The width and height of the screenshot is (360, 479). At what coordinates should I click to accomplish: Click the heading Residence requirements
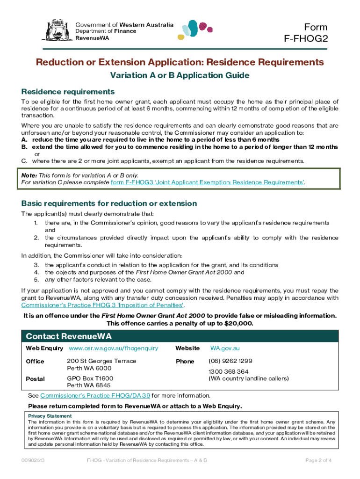68,91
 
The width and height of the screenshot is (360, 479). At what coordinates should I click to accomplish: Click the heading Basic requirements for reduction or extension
109,203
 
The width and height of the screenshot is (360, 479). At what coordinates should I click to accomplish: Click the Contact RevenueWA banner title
69,337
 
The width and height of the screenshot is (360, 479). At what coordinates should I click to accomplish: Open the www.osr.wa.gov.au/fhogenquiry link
113,348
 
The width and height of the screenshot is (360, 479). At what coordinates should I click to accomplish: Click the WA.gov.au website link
225,348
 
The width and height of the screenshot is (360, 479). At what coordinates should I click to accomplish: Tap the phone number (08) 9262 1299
230,361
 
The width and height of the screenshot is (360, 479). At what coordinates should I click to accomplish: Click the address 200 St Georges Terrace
101,361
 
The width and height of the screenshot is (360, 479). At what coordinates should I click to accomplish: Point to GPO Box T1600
90,378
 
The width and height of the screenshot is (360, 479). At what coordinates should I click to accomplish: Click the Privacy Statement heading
50,416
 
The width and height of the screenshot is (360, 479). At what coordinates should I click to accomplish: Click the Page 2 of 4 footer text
318,460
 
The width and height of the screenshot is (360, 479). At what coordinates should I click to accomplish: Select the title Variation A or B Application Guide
180,75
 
